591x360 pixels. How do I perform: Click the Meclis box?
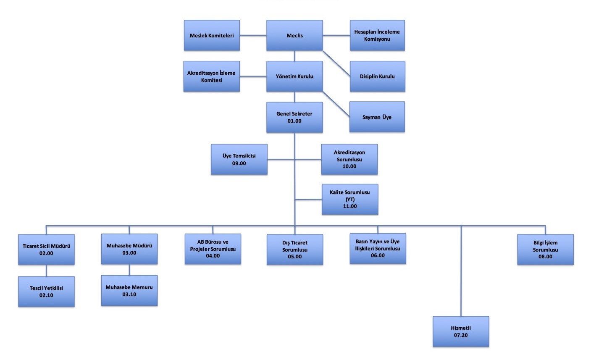[294, 36]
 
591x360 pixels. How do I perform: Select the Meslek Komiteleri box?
[212, 36]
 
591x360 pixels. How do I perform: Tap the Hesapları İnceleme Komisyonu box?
[377, 36]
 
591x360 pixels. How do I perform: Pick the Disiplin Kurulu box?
[377, 76]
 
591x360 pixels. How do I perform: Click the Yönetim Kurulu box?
[294, 76]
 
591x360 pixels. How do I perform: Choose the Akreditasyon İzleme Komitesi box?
[211, 76]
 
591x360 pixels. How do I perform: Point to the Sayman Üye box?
[377, 117]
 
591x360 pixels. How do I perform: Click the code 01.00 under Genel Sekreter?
[294, 121]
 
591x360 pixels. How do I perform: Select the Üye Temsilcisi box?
[239, 159]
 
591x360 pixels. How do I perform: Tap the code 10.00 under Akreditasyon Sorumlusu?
[349, 166]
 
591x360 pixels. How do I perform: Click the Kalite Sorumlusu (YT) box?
[350, 199]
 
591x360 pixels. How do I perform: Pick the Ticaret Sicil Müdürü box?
[46, 250]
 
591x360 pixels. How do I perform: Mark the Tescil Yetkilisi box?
[46, 292]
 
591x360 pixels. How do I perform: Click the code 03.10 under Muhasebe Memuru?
[129, 294]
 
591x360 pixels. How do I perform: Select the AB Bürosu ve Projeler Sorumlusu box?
[213, 249]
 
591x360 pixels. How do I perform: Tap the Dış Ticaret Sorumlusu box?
[295, 250]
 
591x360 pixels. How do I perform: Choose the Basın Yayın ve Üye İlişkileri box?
[378, 248]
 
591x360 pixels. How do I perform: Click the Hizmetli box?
[461, 331]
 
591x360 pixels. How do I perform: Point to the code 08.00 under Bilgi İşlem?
[546, 257]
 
